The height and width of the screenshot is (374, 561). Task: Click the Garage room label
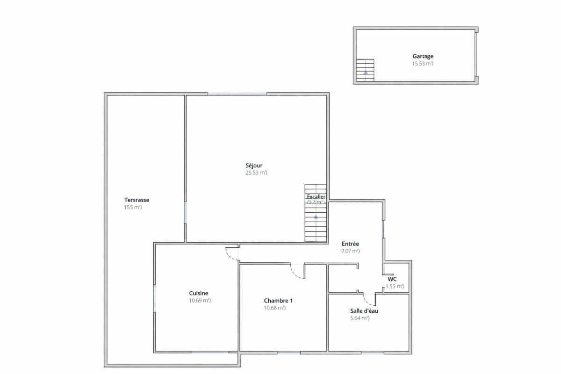[423, 56]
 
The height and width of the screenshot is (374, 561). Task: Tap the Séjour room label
[254, 165]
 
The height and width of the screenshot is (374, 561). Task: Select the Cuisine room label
[199, 293]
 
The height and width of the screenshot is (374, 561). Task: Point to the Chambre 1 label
[278, 301]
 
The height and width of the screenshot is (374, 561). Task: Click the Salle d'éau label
[364, 311]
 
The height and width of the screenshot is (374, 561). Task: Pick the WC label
[392, 279]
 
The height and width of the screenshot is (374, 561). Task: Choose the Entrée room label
[350, 244]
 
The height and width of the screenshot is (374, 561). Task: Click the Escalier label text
[316, 197]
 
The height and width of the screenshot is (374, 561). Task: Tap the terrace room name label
[137, 200]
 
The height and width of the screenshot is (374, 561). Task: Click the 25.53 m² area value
[256, 173]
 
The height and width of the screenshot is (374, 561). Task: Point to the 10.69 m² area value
[200, 300]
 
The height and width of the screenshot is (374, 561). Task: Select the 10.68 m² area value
[275, 308]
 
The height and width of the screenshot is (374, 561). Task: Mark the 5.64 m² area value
[360, 318]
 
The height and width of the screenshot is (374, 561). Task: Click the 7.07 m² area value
[351, 251]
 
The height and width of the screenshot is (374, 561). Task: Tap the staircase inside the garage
[365, 70]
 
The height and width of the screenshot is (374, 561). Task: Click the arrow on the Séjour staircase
[316, 217]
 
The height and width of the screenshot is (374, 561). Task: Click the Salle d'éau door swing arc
[369, 299]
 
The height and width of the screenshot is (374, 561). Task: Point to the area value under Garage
[423, 63]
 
